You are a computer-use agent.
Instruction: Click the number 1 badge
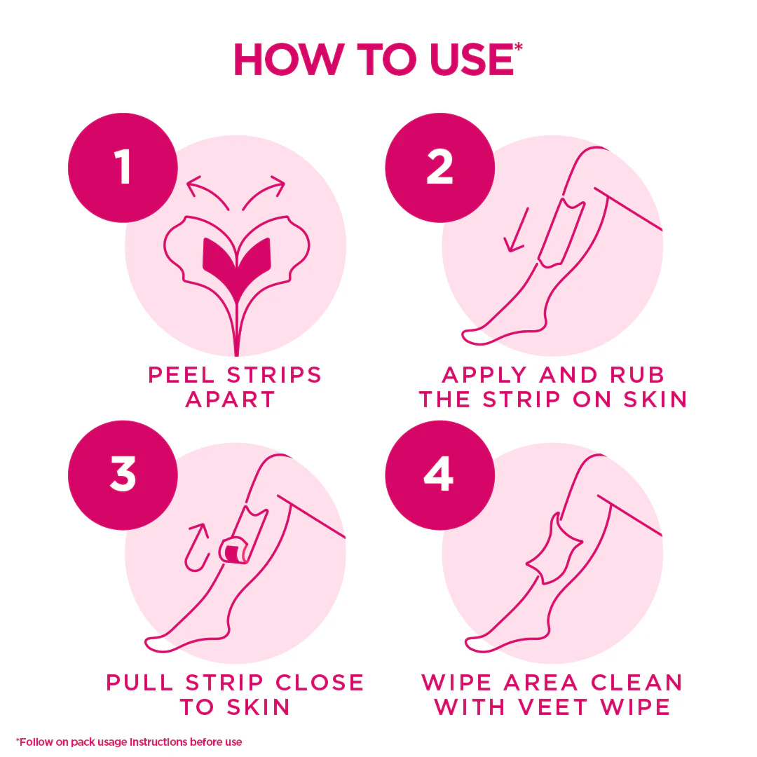[x=123, y=168]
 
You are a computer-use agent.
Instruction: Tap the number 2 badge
[x=439, y=168]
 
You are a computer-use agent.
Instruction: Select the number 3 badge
[x=123, y=475]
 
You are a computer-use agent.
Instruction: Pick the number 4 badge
[x=439, y=475]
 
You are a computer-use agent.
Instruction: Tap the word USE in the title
[x=472, y=60]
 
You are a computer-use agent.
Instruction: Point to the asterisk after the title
[x=519, y=48]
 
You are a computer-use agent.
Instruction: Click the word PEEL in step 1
[x=182, y=375]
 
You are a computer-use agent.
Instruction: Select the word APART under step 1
[x=231, y=400]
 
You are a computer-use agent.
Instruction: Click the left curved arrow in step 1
[x=205, y=190]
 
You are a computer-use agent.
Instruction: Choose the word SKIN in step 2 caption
[x=655, y=400]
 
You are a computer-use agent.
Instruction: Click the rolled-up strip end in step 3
[x=234, y=550]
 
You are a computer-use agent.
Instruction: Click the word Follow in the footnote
[x=34, y=742]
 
